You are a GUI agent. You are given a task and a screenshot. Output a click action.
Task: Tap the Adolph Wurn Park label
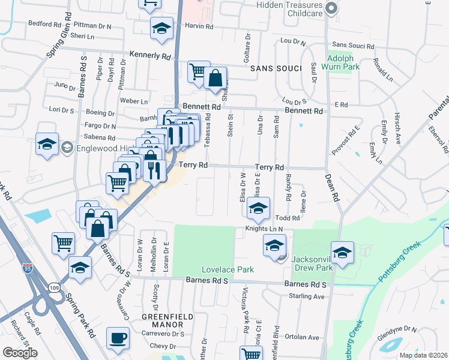[343, 62]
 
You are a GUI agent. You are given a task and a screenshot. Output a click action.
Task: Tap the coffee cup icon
[118, 338]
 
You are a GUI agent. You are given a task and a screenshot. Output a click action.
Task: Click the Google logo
[20, 353]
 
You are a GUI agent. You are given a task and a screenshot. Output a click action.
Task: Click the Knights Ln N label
[263, 229]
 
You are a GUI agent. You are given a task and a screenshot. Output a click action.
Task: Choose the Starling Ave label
[307, 297]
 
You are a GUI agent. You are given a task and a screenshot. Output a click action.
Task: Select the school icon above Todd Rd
[259, 208]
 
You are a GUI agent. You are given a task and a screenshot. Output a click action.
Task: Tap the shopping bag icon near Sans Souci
[215, 79]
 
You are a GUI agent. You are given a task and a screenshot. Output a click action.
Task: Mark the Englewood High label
[95, 148]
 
